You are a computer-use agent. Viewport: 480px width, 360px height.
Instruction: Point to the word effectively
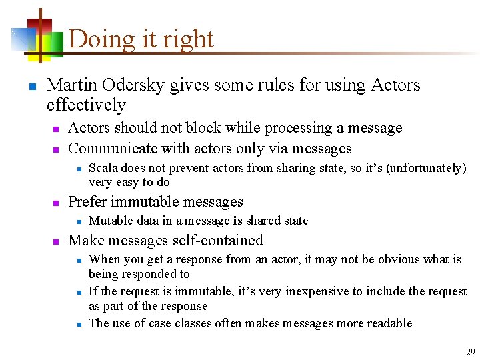coord(86,105)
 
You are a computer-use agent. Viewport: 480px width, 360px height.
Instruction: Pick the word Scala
coord(102,168)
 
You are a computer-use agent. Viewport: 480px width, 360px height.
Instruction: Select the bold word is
coord(237,221)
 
